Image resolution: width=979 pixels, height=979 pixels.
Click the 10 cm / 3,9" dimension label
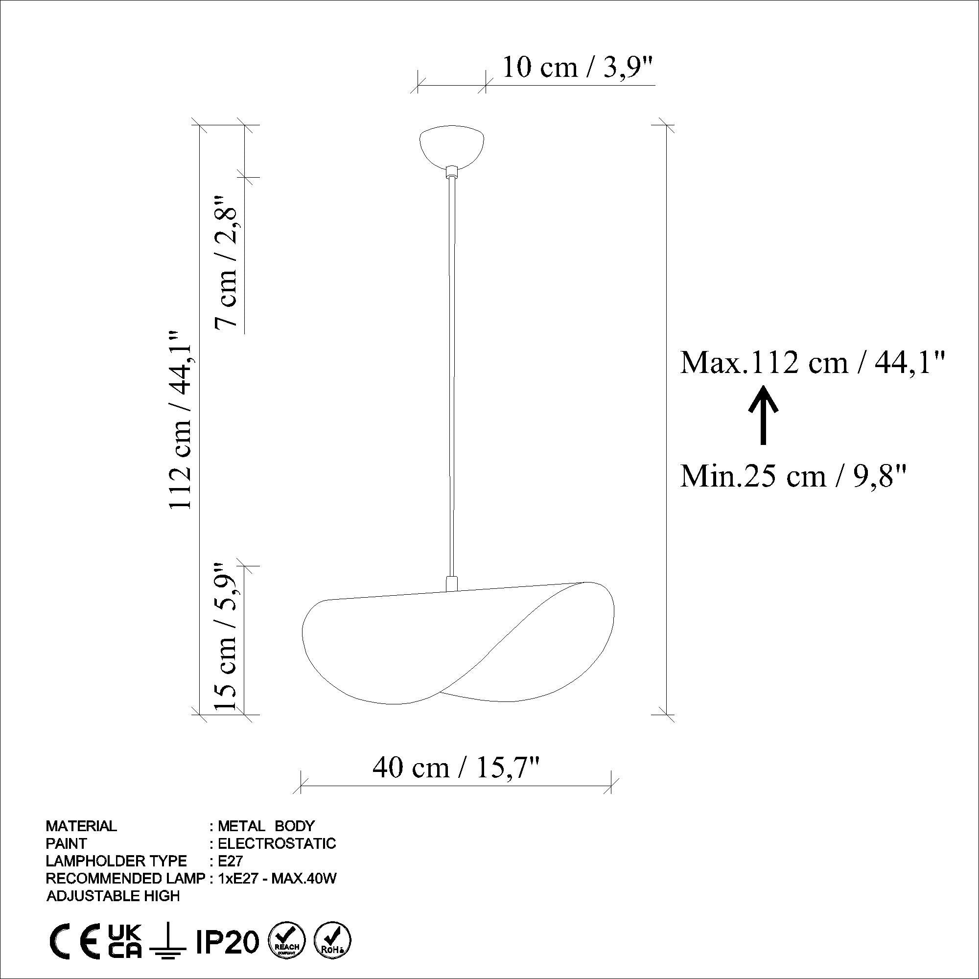(x=578, y=68)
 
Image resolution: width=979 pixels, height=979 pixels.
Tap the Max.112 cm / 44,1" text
(x=813, y=363)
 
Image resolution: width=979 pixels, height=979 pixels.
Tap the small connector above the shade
(x=450, y=583)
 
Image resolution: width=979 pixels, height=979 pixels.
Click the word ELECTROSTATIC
(x=277, y=843)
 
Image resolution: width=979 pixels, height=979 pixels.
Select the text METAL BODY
(x=266, y=826)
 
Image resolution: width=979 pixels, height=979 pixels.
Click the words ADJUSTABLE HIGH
(x=113, y=896)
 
